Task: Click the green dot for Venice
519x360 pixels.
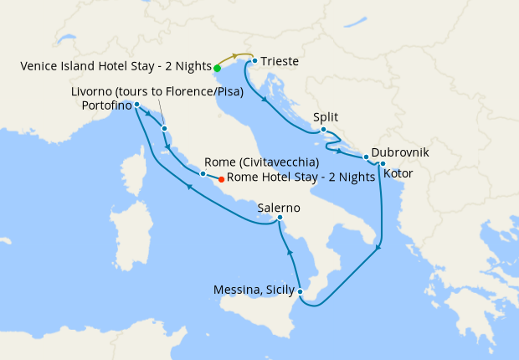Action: [x=217, y=69]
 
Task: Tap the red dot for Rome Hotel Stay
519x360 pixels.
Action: [x=221, y=178]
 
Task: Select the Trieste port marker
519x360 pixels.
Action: [x=254, y=61]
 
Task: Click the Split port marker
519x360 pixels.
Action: [x=323, y=130]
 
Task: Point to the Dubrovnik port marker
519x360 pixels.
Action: [x=366, y=157]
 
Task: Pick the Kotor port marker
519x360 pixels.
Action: [x=383, y=163]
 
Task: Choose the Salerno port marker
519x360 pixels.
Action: [x=280, y=219]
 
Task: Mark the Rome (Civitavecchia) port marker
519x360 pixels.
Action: [x=203, y=173]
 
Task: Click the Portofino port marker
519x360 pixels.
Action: [x=136, y=105]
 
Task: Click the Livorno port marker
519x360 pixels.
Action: [x=165, y=128]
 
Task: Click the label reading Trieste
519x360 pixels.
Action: [x=280, y=61]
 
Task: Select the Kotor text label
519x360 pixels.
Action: [x=398, y=173]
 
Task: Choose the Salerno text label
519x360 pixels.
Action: [x=280, y=207]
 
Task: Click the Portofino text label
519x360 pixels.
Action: [x=106, y=105]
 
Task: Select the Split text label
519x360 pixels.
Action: [x=325, y=117]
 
